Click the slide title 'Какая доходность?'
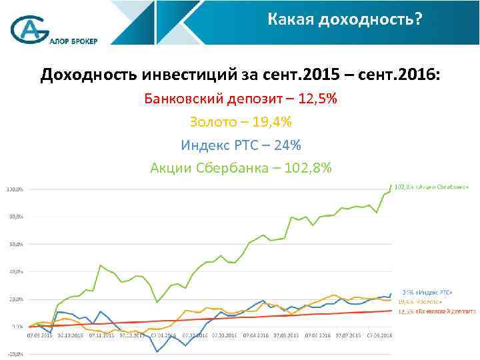pyautogui.click(x=345, y=20)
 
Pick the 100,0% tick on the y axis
pyautogui.click(x=15, y=189)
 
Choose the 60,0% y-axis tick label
pyautogui.click(x=15, y=244)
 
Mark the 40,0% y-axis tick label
pyautogui.click(x=15, y=272)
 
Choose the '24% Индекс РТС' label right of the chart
pyautogui.click(x=427, y=293)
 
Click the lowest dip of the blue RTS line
pyautogui.click(x=157, y=351)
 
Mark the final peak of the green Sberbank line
pyautogui.click(x=391, y=185)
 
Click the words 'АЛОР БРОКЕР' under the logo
pyautogui.click(x=73, y=40)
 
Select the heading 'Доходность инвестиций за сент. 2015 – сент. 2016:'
pyautogui.click(x=240, y=73)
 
